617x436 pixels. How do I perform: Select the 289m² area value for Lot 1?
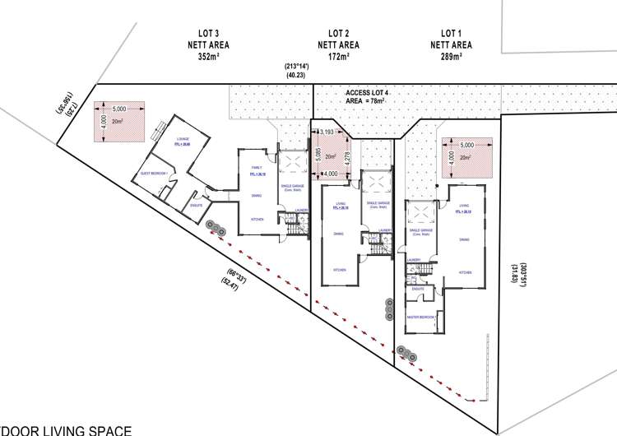coord(449,57)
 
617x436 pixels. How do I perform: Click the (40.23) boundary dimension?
coord(296,75)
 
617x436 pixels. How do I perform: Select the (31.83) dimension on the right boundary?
coord(513,271)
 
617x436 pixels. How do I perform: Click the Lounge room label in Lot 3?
coord(183,139)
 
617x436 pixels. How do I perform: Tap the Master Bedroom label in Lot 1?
coord(420,317)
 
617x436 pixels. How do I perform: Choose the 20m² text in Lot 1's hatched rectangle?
coord(466,157)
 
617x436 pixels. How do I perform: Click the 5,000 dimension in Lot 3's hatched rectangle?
coord(119,109)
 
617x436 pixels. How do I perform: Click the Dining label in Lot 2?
coord(339,234)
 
